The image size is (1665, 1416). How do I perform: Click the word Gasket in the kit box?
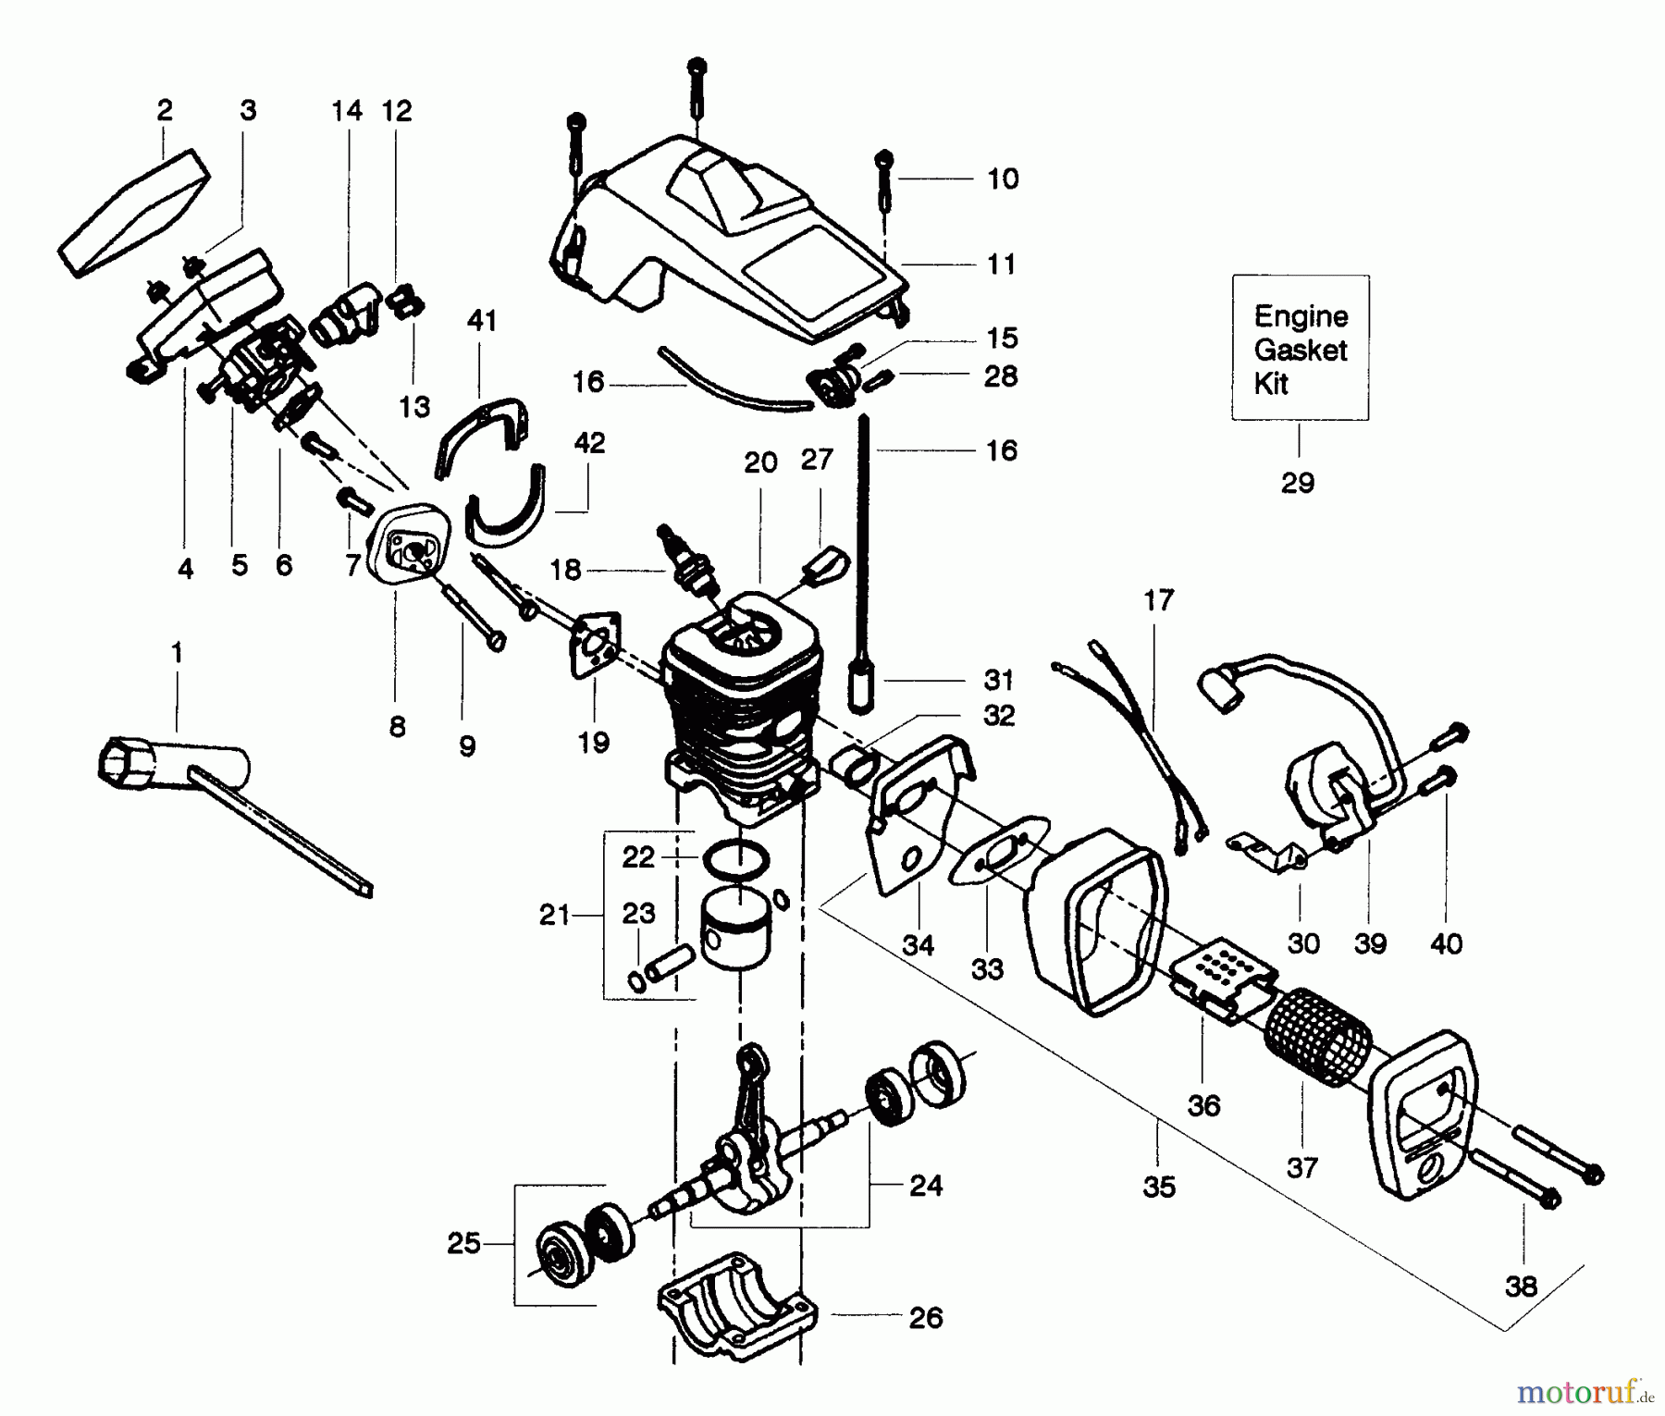(x=1300, y=350)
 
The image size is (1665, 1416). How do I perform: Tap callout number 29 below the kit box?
(x=1298, y=482)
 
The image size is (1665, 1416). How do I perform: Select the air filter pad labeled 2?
(x=135, y=211)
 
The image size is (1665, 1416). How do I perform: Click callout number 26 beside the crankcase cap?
(x=925, y=1317)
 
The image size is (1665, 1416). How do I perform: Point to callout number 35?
(x=1158, y=1186)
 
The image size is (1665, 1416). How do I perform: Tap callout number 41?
(x=482, y=321)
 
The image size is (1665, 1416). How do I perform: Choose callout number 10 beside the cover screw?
(x=1003, y=179)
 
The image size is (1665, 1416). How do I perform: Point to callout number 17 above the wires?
(x=1158, y=600)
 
